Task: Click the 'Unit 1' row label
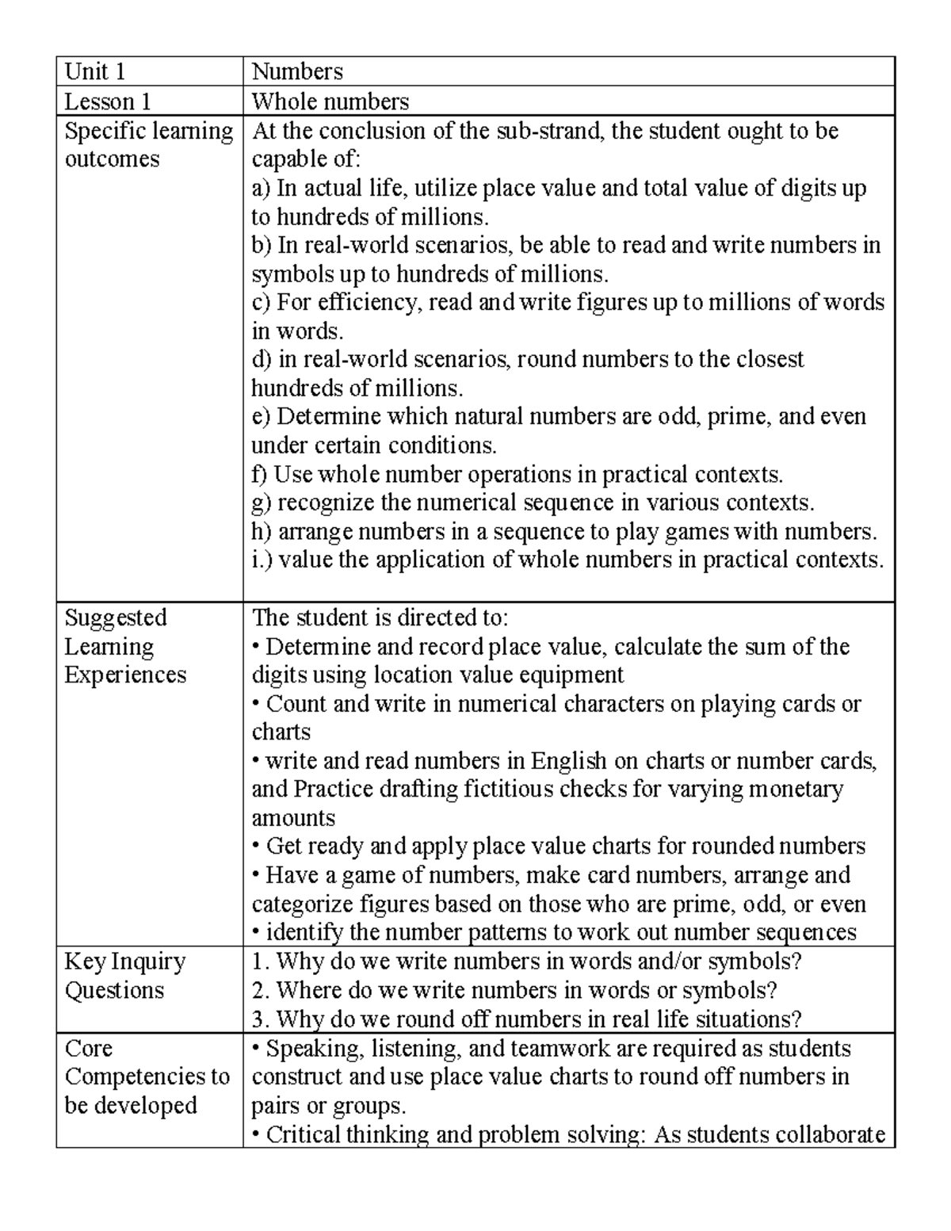point(95,72)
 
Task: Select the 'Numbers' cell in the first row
point(297,72)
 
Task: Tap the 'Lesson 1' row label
point(108,101)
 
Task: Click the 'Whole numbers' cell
point(330,101)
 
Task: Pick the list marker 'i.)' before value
point(262,560)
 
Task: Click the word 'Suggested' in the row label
point(116,617)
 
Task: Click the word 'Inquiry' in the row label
point(148,961)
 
